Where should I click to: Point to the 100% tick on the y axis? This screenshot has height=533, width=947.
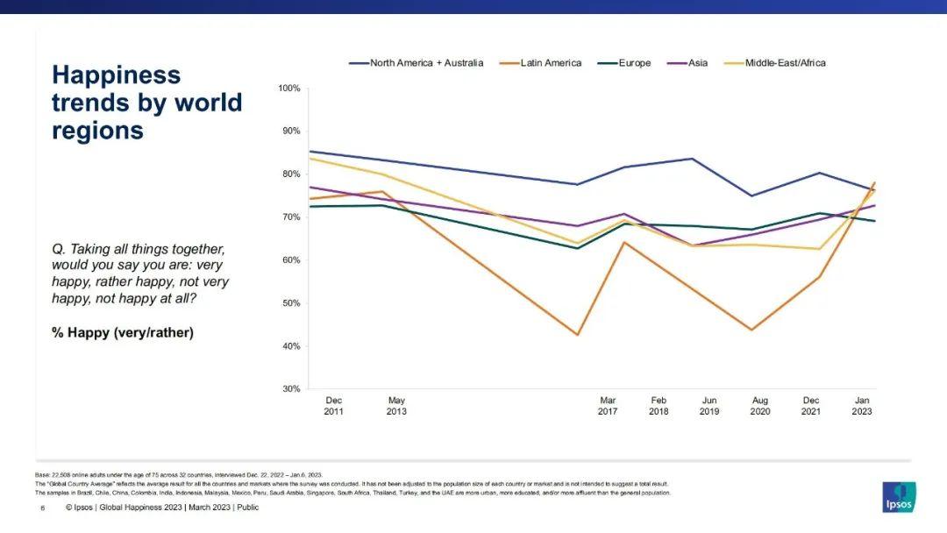pyautogui.click(x=289, y=89)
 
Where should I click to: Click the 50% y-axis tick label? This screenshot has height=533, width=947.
pyautogui.click(x=289, y=303)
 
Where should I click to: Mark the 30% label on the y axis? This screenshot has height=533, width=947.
pyautogui.click(x=289, y=389)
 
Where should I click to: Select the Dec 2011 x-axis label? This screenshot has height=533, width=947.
pyautogui.click(x=334, y=406)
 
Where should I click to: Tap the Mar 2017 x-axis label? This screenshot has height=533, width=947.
pyautogui.click(x=608, y=406)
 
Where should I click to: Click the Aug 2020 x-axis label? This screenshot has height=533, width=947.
pyautogui.click(x=760, y=406)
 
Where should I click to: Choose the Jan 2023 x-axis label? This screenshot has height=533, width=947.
pyautogui.click(x=862, y=406)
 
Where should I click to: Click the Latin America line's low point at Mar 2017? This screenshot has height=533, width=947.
pyautogui.click(x=578, y=335)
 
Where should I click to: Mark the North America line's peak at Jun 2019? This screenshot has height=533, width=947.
pyautogui.click(x=693, y=159)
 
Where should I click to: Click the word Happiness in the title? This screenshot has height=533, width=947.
pyautogui.click(x=116, y=75)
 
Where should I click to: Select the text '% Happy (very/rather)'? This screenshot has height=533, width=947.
pyautogui.click(x=123, y=333)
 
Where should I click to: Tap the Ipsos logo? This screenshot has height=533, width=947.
pyautogui.click(x=899, y=497)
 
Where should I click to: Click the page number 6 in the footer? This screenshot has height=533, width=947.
pyautogui.click(x=42, y=507)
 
